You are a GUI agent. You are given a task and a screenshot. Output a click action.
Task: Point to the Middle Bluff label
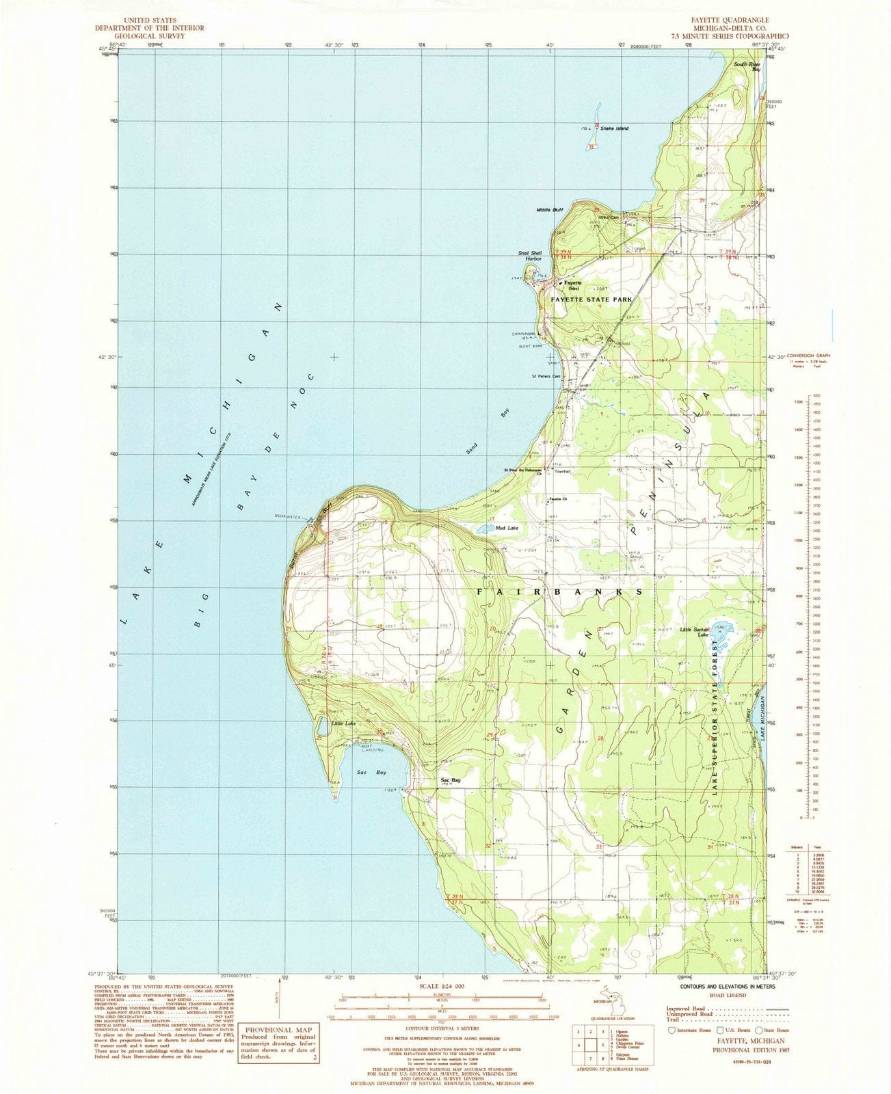pyautogui.click(x=549, y=209)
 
